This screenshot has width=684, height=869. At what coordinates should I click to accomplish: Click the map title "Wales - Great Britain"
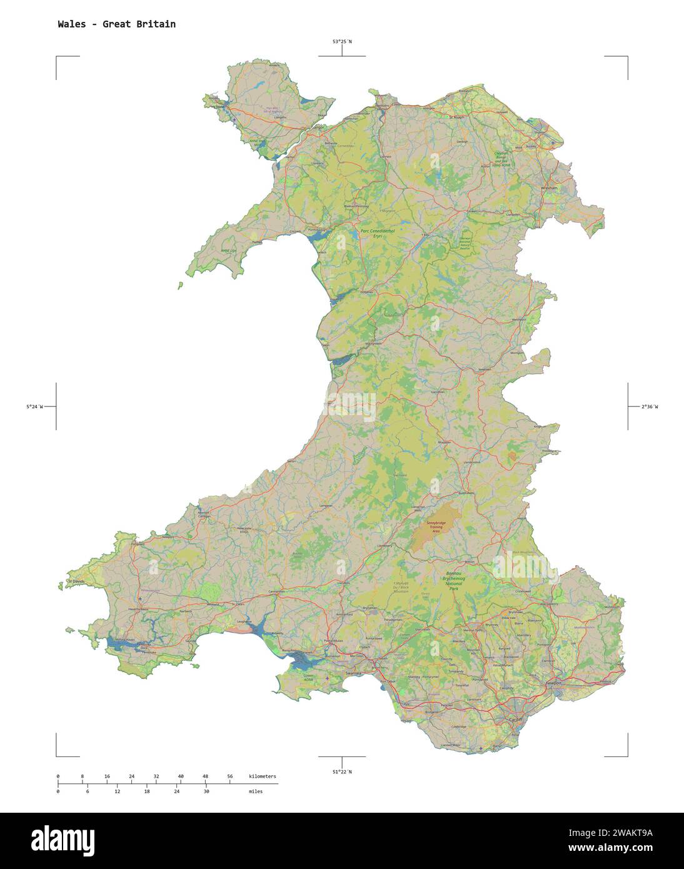point(116,24)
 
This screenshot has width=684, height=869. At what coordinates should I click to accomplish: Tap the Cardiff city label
point(515,720)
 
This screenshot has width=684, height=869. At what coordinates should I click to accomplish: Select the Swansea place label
point(354,673)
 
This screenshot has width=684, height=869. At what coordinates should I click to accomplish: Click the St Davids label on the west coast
point(76,581)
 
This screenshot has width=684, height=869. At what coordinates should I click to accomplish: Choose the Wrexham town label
point(549,188)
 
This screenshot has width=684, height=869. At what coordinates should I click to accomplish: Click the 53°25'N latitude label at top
point(341,42)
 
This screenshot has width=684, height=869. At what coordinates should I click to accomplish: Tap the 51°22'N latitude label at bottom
point(341,771)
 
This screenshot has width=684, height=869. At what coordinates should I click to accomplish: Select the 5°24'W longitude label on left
point(34,407)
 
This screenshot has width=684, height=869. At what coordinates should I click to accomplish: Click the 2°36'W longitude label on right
point(649,407)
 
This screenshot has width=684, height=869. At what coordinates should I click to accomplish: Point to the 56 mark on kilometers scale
point(229,776)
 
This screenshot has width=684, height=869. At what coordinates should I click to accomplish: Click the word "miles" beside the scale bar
point(255,791)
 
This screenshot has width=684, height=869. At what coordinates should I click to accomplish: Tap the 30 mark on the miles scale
point(206,791)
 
